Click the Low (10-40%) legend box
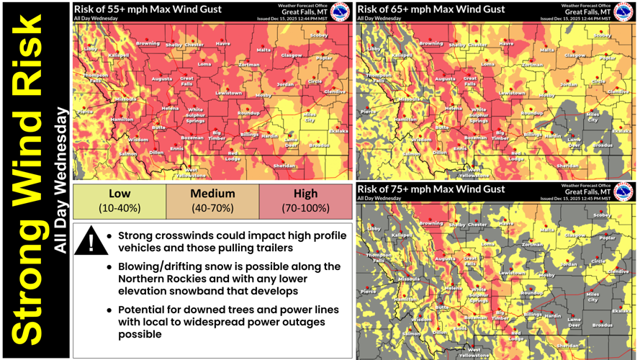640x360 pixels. tap(120, 201)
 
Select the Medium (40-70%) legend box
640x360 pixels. tap(212, 201)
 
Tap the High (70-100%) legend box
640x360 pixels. tap(306, 201)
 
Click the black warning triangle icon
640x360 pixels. tap(91, 240)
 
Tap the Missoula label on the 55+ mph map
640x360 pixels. tap(125, 99)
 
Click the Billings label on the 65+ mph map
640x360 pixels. tap(533, 135)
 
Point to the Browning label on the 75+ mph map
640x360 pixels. tap(431, 223)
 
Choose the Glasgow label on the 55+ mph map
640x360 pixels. tap(292, 55)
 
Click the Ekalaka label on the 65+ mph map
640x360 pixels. tap(621, 131)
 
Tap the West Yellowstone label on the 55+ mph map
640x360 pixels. tap(191, 173)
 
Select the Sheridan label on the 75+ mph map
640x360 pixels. tap(567, 346)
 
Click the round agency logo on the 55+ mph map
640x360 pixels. tap(341, 12)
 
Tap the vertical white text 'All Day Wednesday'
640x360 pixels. tap(62, 180)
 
